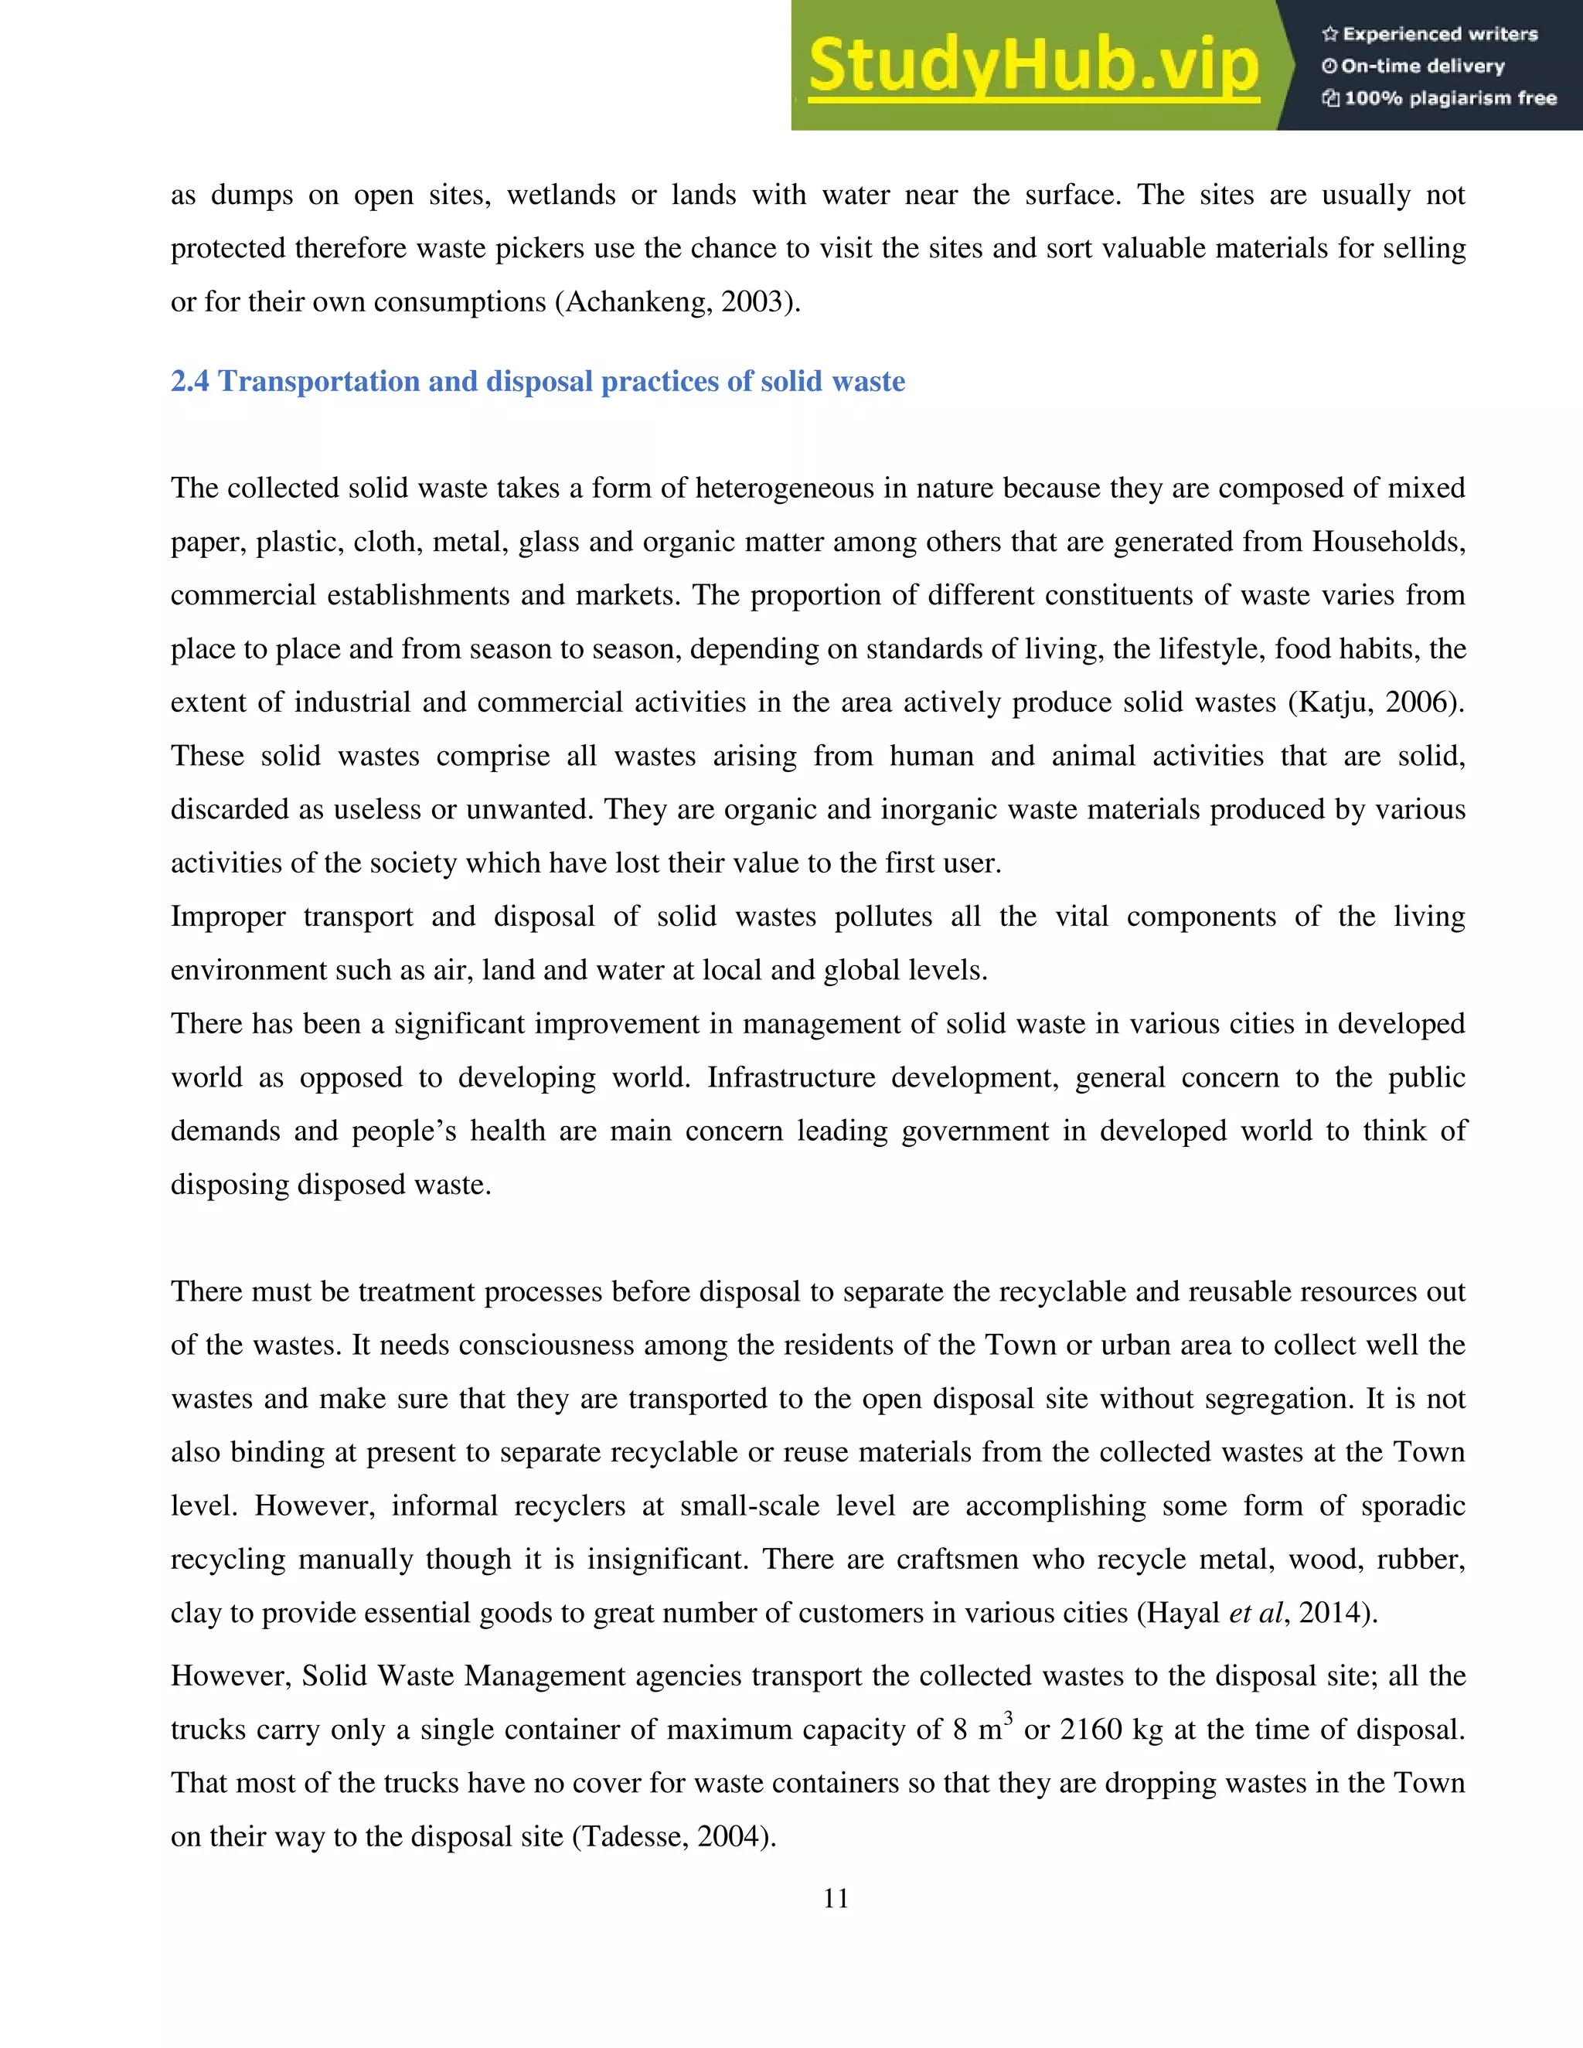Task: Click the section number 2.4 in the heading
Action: click(x=189, y=382)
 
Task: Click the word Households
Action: click(x=1386, y=542)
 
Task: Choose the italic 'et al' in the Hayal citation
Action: click(x=1254, y=1613)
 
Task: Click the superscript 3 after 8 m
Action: click(x=1008, y=1718)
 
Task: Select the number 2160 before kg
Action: click(x=1091, y=1729)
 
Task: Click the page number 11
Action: click(x=836, y=1899)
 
